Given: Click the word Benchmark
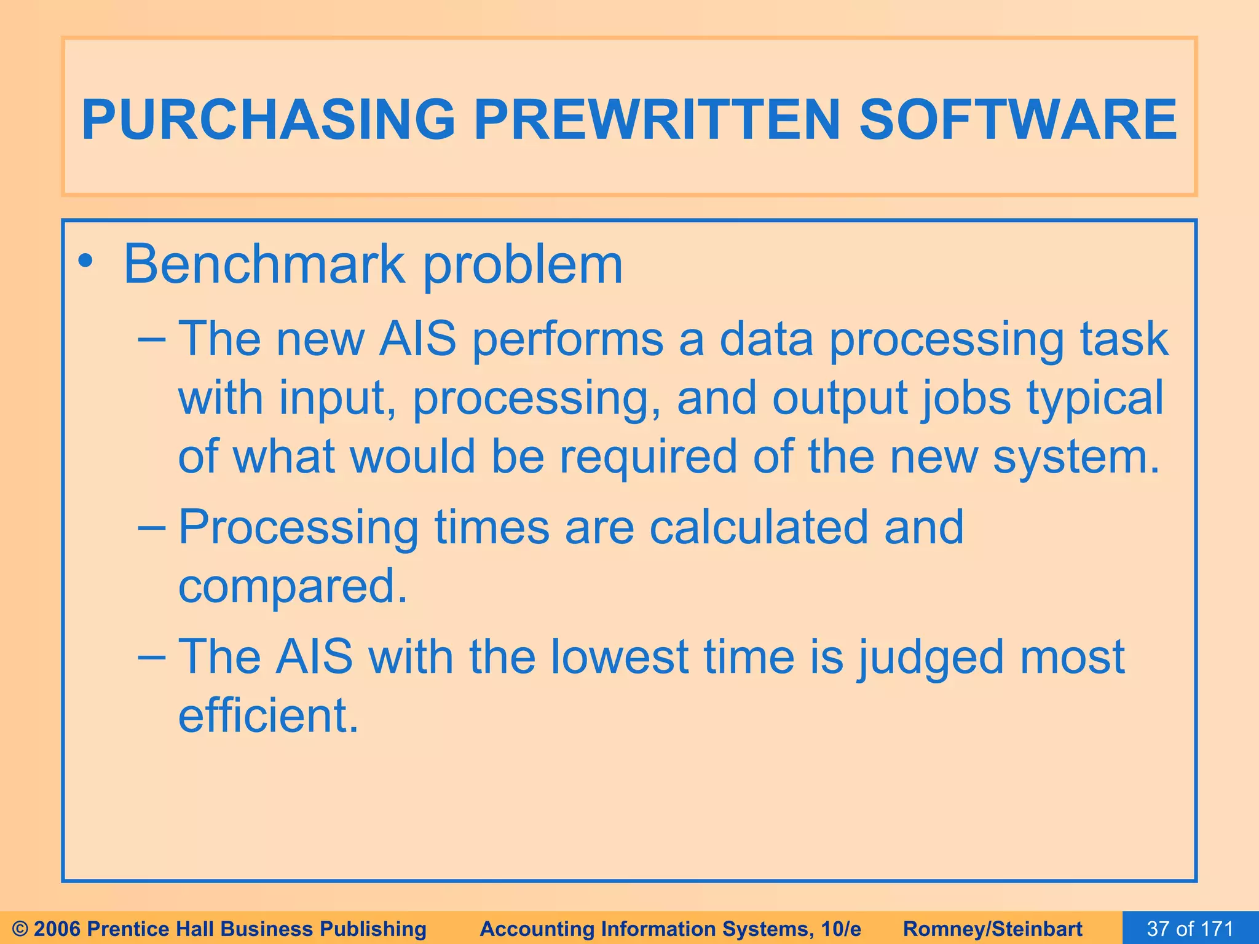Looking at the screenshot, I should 264,265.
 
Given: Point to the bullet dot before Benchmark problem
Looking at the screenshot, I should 85,263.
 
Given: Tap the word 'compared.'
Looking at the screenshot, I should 293,586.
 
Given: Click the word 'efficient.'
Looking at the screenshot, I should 268,715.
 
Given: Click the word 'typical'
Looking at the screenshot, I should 1095,398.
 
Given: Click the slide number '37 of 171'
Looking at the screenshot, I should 1190,929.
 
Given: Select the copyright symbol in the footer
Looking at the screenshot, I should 20,929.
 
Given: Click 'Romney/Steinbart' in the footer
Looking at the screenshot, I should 993,929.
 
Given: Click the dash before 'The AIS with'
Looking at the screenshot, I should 151,656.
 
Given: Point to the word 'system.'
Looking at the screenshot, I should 1076,458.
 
